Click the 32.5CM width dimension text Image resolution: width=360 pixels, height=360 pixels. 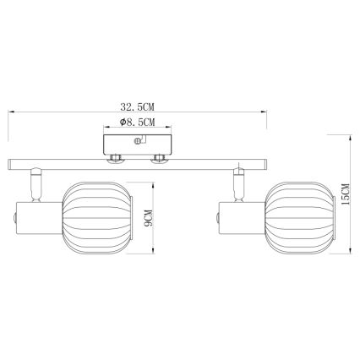pyautogui.click(x=139, y=107)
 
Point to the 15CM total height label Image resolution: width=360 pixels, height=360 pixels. pyautogui.click(x=346, y=197)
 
